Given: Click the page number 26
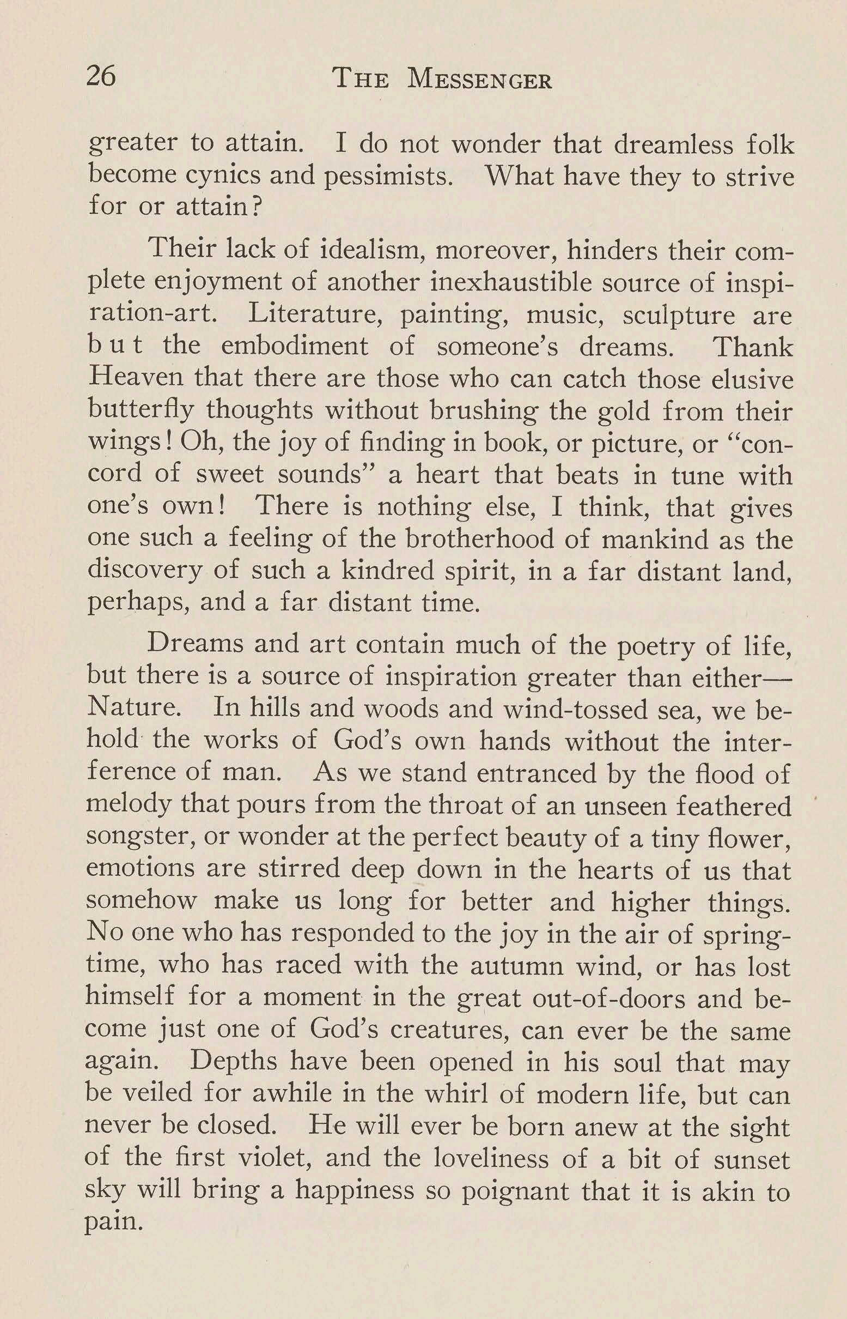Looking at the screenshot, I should point(102,75).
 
